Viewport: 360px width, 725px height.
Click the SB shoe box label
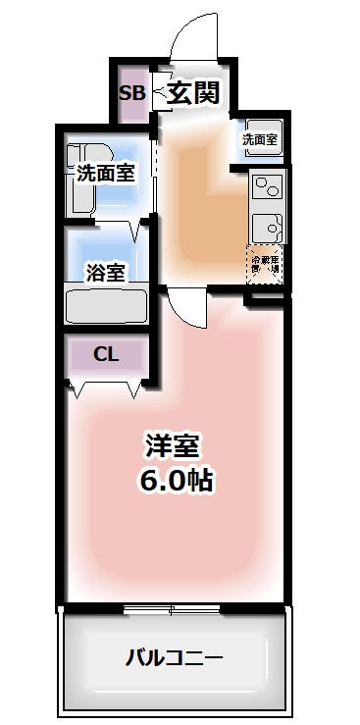pyautogui.click(x=131, y=94)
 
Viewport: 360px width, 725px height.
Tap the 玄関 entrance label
pyautogui.click(x=191, y=94)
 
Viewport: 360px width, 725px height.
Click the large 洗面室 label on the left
pyautogui.click(x=105, y=175)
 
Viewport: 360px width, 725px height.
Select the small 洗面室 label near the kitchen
pyautogui.click(x=260, y=139)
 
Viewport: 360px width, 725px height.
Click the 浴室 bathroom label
pyautogui.click(x=105, y=273)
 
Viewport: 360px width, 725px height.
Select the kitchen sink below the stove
pyautogui.click(x=266, y=226)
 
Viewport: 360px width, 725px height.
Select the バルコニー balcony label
pyautogui.click(x=174, y=656)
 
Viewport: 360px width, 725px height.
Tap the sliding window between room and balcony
pyautogui.click(x=174, y=608)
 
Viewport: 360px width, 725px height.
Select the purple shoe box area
pyautogui.click(x=131, y=94)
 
